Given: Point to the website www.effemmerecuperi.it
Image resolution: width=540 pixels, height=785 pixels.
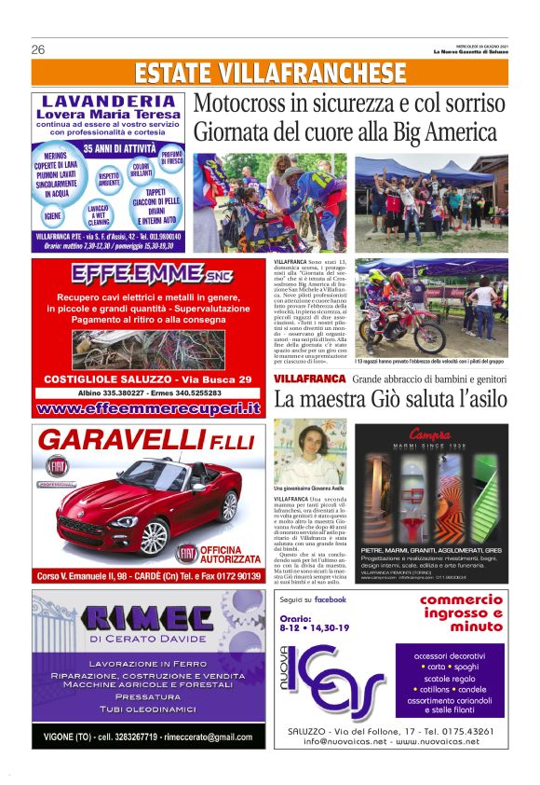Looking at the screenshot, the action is tap(148, 407).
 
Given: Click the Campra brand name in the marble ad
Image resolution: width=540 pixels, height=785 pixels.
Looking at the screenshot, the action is tap(429, 434).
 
